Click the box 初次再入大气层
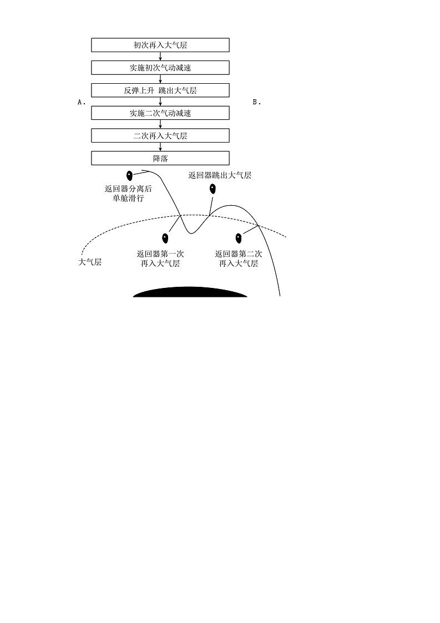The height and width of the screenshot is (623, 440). pyautogui.click(x=160, y=45)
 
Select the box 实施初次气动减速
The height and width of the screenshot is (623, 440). pyautogui.click(x=160, y=68)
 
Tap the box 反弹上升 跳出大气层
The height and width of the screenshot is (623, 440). pyautogui.click(x=160, y=90)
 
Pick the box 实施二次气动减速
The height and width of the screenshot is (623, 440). pyautogui.click(x=160, y=113)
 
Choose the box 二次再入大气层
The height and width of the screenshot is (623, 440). pyautogui.click(x=160, y=136)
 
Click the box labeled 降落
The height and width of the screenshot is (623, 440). pyautogui.click(x=160, y=158)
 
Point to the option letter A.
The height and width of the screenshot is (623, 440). pyautogui.click(x=81, y=102)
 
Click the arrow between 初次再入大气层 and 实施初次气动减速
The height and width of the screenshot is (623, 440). pyautogui.click(x=160, y=56)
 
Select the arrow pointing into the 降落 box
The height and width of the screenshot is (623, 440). pyautogui.click(x=160, y=147)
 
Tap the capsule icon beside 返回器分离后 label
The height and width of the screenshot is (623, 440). pyautogui.click(x=129, y=176)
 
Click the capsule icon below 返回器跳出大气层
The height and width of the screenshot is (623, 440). pyautogui.click(x=213, y=189)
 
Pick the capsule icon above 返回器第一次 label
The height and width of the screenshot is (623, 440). pyautogui.click(x=165, y=238)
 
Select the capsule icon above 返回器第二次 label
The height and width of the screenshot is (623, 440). pyautogui.click(x=239, y=238)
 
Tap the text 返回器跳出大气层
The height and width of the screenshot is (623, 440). pyautogui.click(x=220, y=175)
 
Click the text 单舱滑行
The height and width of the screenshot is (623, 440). pyautogui.click(x=128, y=198)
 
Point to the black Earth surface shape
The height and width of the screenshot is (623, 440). pyautogui.click(x=190, y=292)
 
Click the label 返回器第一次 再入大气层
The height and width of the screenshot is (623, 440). pyautogui.click(x=160, y=259)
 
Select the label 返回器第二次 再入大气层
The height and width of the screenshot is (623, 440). pyautogui.click(x=239, y=259)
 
